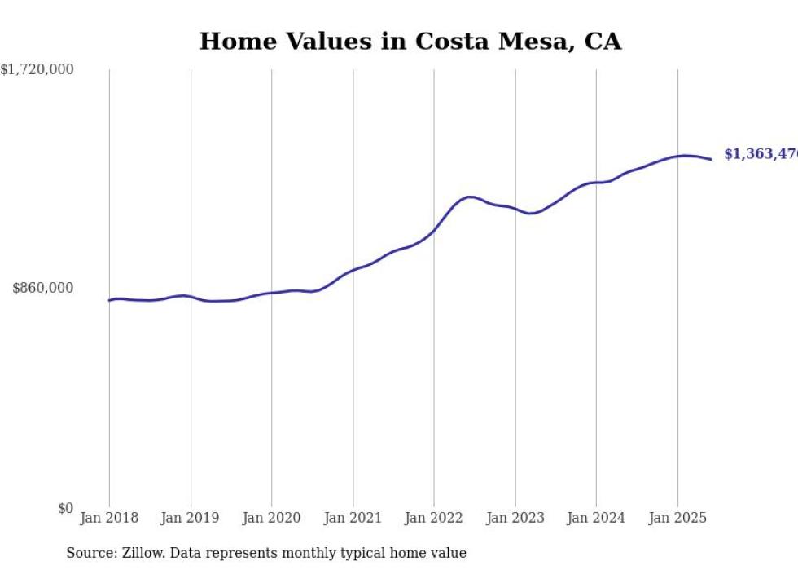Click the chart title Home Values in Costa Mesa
410,42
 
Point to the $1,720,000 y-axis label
37,70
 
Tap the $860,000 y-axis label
43,288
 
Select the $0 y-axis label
65,509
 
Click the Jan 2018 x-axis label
109,518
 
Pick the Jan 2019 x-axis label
191,518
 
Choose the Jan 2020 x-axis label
271,518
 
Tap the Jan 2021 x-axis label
353,518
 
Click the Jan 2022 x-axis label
434,518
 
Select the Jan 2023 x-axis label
515,518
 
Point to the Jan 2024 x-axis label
596,518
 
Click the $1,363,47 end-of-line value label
760,154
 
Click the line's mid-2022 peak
470,197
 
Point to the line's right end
711,159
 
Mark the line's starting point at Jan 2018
109,300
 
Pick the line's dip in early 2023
530,214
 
